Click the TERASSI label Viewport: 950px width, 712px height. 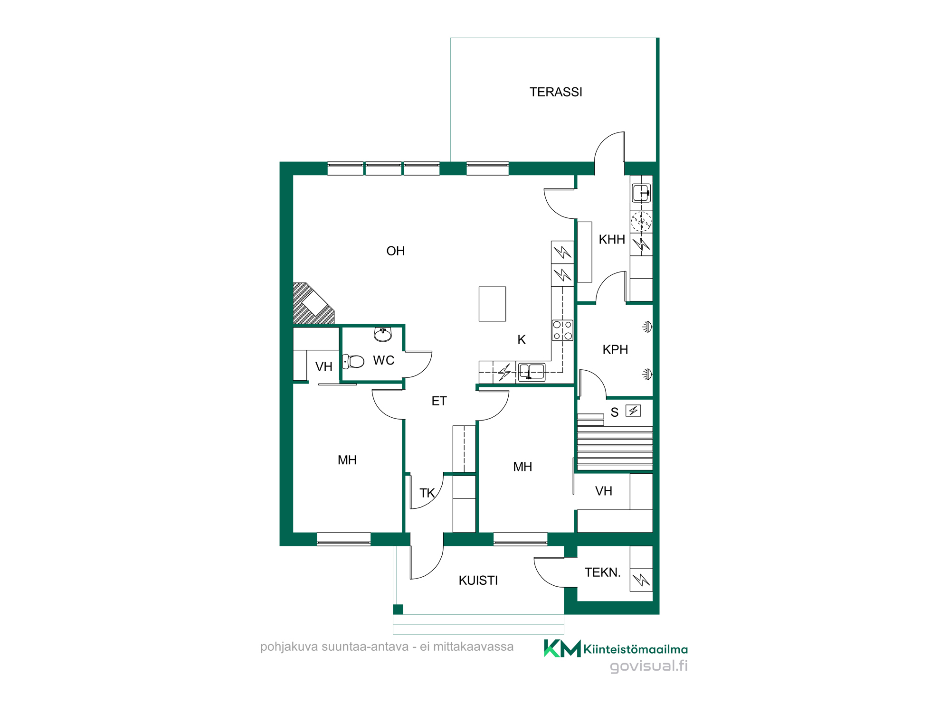coord(556,92)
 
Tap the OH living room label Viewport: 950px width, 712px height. coord(396,251)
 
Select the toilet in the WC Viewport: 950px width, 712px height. coord(353,362)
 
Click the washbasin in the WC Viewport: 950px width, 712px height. coord(383,335)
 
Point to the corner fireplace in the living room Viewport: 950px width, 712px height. coord(312,304)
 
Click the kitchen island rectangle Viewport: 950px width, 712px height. coord(492,304)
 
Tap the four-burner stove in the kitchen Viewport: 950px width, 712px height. coord(562,330)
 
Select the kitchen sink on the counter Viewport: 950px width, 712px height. coord(532,372)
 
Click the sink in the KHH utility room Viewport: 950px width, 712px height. coord(641,193)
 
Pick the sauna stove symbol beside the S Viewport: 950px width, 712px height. coord(633,411)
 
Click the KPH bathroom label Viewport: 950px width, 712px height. coord(615,350)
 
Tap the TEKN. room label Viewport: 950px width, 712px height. coord(603,572)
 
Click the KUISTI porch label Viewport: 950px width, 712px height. coord(478,581)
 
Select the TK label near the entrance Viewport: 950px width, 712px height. coord(427,493)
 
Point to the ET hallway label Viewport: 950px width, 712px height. coord(439,402)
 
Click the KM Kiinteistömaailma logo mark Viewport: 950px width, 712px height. coord(562,648)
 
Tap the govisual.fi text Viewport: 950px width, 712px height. coord(649,666)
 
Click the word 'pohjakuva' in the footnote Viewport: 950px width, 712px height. coord(289,647)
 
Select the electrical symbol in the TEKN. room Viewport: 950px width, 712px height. coord(641,580)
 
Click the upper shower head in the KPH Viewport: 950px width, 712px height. coord(647,327)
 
